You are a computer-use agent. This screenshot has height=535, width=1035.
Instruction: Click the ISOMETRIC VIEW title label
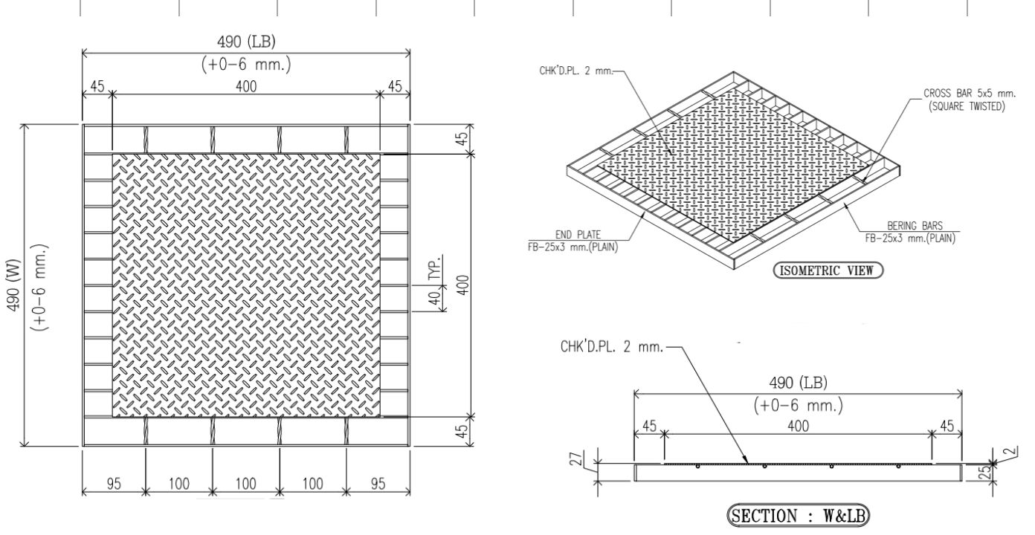pyautogui.click(x=828, y=270)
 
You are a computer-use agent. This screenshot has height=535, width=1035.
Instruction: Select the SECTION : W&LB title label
pyautogui.click(x=798, y=516)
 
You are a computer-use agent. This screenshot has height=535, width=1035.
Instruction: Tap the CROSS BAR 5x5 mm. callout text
pyautogui.click(x=970, y=93)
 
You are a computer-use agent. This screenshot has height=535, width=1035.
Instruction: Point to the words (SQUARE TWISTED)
pyautogui.click(x=967, y=107)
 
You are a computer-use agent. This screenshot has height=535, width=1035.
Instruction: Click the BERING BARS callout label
pyautogui.click(x=915, y=226)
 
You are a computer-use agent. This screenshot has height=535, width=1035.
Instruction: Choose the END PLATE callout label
pyautogui.click(x=578, y=235)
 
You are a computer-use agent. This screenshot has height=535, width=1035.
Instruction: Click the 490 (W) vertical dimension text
pyautogui.click(x=14, y=285)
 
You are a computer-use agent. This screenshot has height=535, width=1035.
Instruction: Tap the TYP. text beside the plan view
pyautogui.click(x=435, y=267)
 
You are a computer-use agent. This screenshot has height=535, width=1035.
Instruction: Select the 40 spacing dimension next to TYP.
pyautogui.click(x=435, y=298)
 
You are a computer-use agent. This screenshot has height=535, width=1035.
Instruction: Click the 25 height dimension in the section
pyautogui.click(x=986, y=472)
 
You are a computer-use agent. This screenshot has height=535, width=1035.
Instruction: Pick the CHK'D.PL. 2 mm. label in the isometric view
pyautogui.click(x=575, y=71)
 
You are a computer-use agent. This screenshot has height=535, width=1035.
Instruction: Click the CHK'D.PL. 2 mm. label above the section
pyautogui.click(x=612, y=346)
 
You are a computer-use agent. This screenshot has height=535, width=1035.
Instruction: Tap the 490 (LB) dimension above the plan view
pyautogui.click(x=246, y=42)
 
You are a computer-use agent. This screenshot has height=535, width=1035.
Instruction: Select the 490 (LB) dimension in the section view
pyautogui.click(x=798, y=383)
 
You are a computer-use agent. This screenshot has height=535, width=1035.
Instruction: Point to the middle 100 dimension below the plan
pyautogui.click(x=245, y=484)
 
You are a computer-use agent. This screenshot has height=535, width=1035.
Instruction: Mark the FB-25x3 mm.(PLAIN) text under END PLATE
pyautogui.click(x=573, y=247)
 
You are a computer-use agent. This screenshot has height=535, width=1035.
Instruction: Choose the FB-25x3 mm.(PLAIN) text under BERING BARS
pyautogui.click(x=910, y=239)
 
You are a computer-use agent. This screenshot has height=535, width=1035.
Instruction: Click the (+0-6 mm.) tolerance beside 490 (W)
pyautogui.click(x=39, y=286)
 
